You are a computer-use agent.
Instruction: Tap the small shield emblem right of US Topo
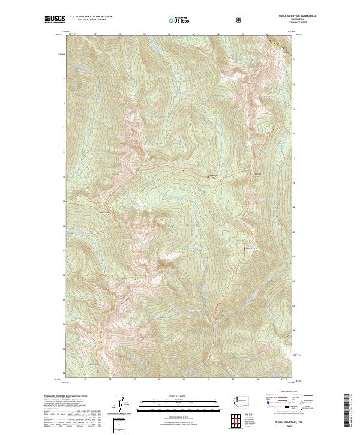coord(240,20)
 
